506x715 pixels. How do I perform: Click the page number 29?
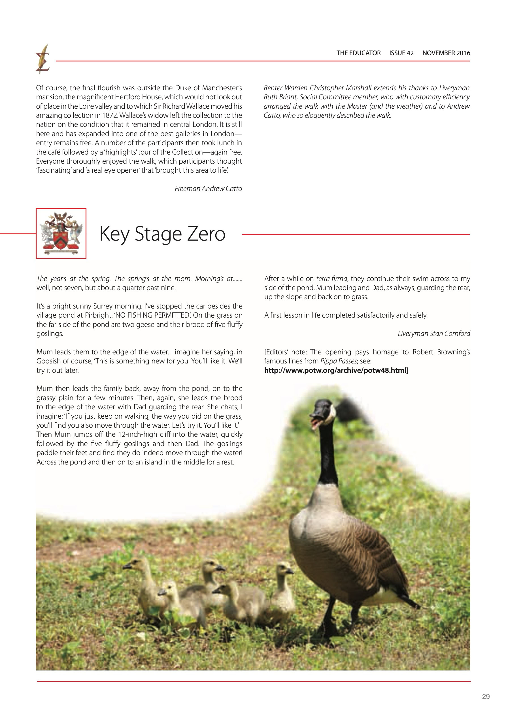(x=485, y=697)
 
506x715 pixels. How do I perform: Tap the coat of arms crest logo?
(x=61, y=233)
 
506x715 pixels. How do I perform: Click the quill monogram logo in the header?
(x=43, y=59)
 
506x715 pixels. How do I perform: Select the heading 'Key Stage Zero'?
(x=162, y=234)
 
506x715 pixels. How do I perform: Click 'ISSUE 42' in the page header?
(x=401, y=53)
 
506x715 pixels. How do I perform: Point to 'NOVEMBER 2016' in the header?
(x=446, y=53)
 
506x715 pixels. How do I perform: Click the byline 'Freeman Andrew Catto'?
(x=208, y=189)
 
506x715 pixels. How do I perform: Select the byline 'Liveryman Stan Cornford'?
(x=434, y=333)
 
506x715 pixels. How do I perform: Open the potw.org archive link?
(x=336, y=370)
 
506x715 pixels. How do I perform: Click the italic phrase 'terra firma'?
(x=331, y=279)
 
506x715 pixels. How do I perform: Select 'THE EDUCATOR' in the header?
(x=358, y=53)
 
